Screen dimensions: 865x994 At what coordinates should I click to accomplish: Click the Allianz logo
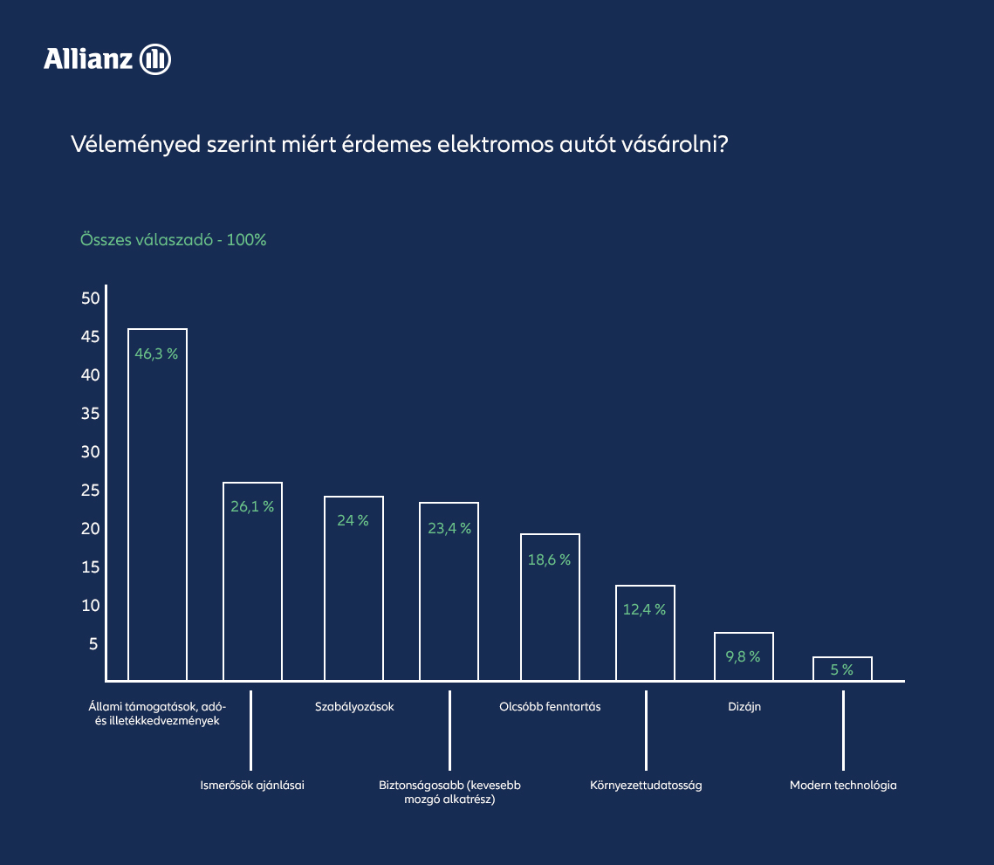[107, 59]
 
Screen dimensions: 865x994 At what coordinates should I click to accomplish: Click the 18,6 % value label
[549, 560]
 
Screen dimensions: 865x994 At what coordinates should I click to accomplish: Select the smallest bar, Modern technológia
[842, 669]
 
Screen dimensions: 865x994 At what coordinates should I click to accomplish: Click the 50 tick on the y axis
[91, 299]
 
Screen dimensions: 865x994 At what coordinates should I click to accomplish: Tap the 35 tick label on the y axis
[91, 414]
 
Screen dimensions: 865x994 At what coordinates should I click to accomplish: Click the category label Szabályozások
[354, 706]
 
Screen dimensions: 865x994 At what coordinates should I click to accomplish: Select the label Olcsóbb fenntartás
[550, 706]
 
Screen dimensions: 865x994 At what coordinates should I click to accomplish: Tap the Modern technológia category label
[843, 785]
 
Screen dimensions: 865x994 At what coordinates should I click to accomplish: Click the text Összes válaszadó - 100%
[173, 240]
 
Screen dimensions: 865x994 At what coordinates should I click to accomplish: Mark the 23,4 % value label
[449, 528]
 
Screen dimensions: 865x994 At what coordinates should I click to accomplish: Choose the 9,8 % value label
[744, 656]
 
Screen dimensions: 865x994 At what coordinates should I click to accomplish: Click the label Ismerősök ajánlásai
[252, 785]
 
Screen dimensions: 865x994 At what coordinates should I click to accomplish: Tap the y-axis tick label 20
[91, 529]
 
